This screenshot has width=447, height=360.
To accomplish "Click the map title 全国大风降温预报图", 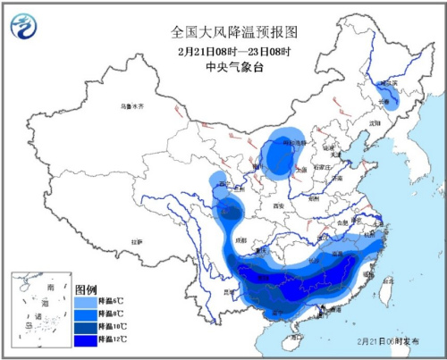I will click(x=234, y=31).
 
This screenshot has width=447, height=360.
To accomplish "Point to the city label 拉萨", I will click(x=136, y=242).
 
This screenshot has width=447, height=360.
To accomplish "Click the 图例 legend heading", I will click(x=86, y=291).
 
